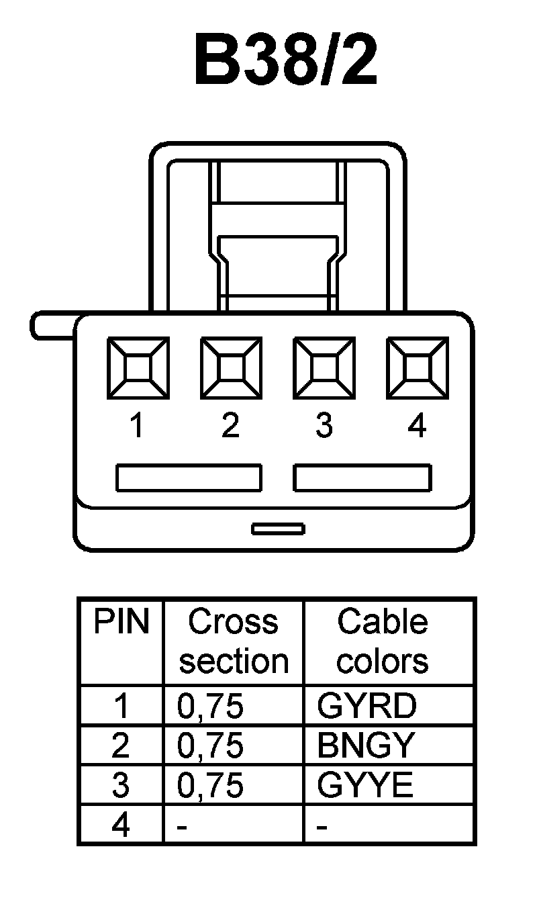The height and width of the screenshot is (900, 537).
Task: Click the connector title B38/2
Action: tap(286, 62)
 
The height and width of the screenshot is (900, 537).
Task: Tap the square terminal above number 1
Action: tap(138, 367)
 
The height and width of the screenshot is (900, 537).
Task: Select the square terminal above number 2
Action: tap(232, 367)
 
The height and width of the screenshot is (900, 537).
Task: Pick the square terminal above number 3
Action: tap(324, 367)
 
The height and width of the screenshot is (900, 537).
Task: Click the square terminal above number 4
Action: tap(418, 367)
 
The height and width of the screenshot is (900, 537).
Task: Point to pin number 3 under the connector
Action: tap(324, 426)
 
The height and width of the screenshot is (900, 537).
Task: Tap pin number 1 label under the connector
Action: tap(138, 426)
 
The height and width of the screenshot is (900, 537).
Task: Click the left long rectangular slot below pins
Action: tap(189, 478)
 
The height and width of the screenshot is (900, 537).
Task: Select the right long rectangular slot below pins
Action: tap(362, 478)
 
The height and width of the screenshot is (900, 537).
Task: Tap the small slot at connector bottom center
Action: tap(278, 529)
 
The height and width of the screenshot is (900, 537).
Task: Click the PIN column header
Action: tap(121, 622)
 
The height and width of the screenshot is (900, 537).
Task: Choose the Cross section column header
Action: tap(234, 641)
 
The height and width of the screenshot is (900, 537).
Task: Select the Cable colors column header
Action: tap(383, 641)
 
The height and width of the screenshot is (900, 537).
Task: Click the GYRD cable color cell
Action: tap(367, 705)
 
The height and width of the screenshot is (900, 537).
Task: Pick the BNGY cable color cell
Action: tap(367, 746)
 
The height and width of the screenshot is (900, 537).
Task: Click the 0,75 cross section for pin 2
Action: tap(210, 746)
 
